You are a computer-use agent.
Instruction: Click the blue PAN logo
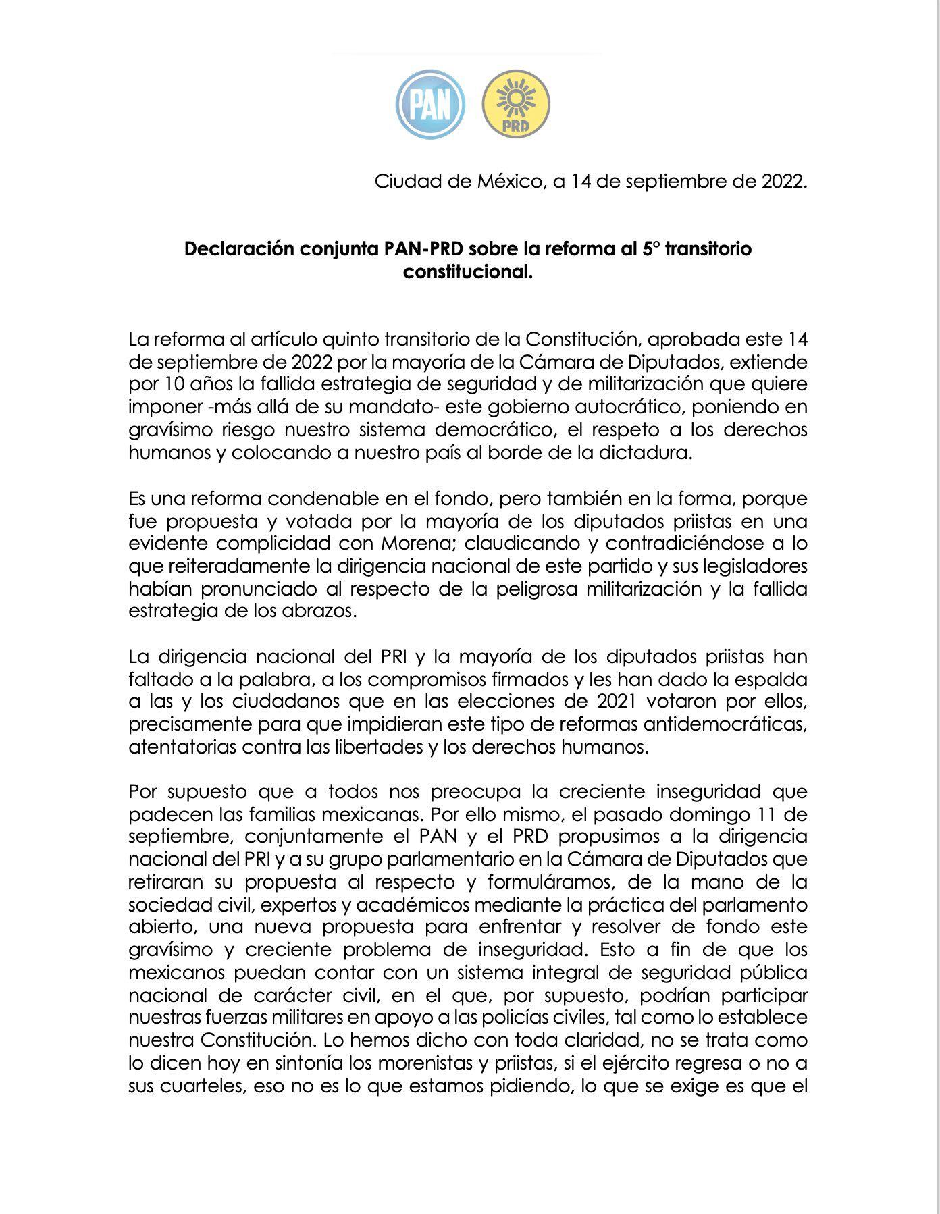pyautogui.click(x=430, y=105)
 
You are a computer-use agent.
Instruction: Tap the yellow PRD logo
pyautogui.click(x=516, y=105)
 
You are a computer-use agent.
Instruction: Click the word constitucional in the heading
pyautogui.click(x=468, y=272)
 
